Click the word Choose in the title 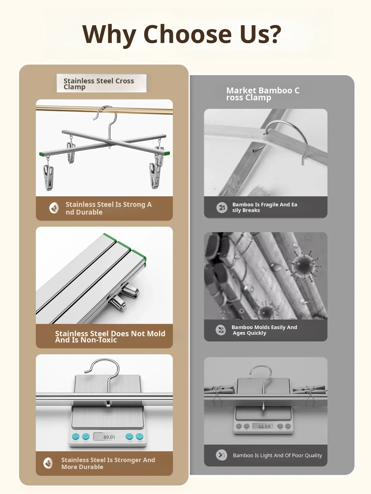click(x=188, y=34)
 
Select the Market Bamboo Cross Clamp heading click(x=263, y=94)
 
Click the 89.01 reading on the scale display click(x=109, y=437)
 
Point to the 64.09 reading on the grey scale click(x=264, y=427)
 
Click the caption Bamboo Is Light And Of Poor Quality click(x=277, y=455)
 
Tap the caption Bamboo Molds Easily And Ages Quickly click(x=264, y=330)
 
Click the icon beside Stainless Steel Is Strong click(x=54, y=208)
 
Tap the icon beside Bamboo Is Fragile click(x=222, y=208)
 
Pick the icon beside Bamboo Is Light click(x=222, y=455)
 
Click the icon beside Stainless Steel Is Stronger click(x=48, y=463)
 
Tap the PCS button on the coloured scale click(x=129, y=436)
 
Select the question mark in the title click(x=273, y=34)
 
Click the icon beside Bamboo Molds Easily click(x=221, y=330)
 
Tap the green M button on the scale click(x=86, y=436)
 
